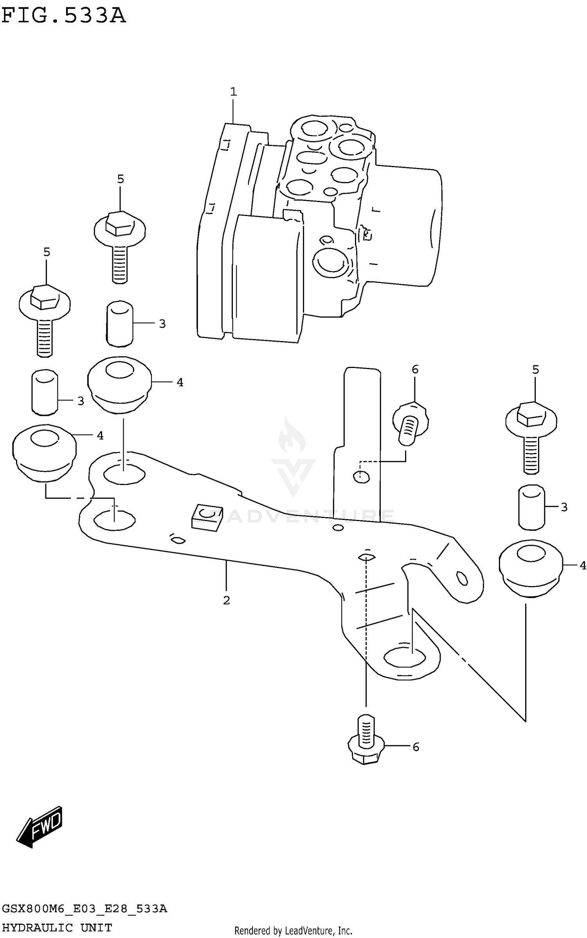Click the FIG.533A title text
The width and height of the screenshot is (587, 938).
point(63,16)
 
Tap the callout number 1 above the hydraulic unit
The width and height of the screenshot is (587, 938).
point(234,92)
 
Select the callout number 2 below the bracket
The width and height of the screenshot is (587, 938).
point(227,600)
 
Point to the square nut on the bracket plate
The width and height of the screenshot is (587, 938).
point(207,517)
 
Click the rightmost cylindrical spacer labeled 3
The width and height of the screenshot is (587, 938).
point(531,508)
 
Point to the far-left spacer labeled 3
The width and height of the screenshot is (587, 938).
point(45,392)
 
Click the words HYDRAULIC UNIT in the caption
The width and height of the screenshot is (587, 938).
point(57,928)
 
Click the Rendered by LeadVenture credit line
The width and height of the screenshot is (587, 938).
point(293,931)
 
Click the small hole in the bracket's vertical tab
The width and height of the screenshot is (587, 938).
point(361,476)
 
